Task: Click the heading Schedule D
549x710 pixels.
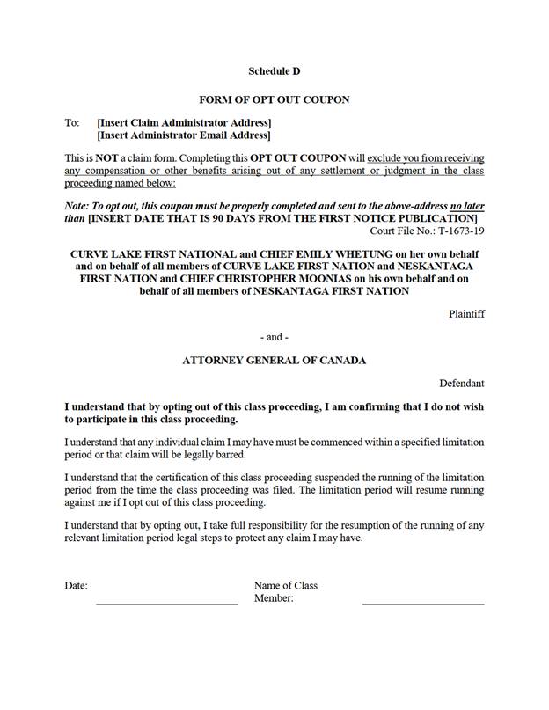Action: pyautogui.click(x=274, y=70)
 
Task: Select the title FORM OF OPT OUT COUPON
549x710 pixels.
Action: pyautogui.click(x=274, y=99)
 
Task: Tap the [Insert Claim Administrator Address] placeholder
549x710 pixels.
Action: pyautogui.click(x=184, y=122)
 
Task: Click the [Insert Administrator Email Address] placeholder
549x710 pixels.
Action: pyautogui.click(x=184, y=135)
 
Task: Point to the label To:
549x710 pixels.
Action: pyautogui.click(x=72, y=122)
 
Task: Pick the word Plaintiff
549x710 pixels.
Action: pyautogui.click(x=466, y=313)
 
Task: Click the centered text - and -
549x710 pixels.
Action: pyautogui.click(x=274, y=337)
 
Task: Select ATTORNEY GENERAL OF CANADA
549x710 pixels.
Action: pyautogui.click(x=274, y=360)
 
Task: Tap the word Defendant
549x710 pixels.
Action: pyautogui.click(x=462, y=383)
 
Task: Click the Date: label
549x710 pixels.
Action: pyautogui.click(x=76, y=585)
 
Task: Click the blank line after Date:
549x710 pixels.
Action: pyautogui.click(x=166, y=603)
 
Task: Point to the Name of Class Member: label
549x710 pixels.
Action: pyautogui.click(x=285, y=591)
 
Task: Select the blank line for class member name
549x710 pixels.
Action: pyautogui.click(x=422, y=603)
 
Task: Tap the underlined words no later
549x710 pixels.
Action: pyautogui.click(x=466, y=205)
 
